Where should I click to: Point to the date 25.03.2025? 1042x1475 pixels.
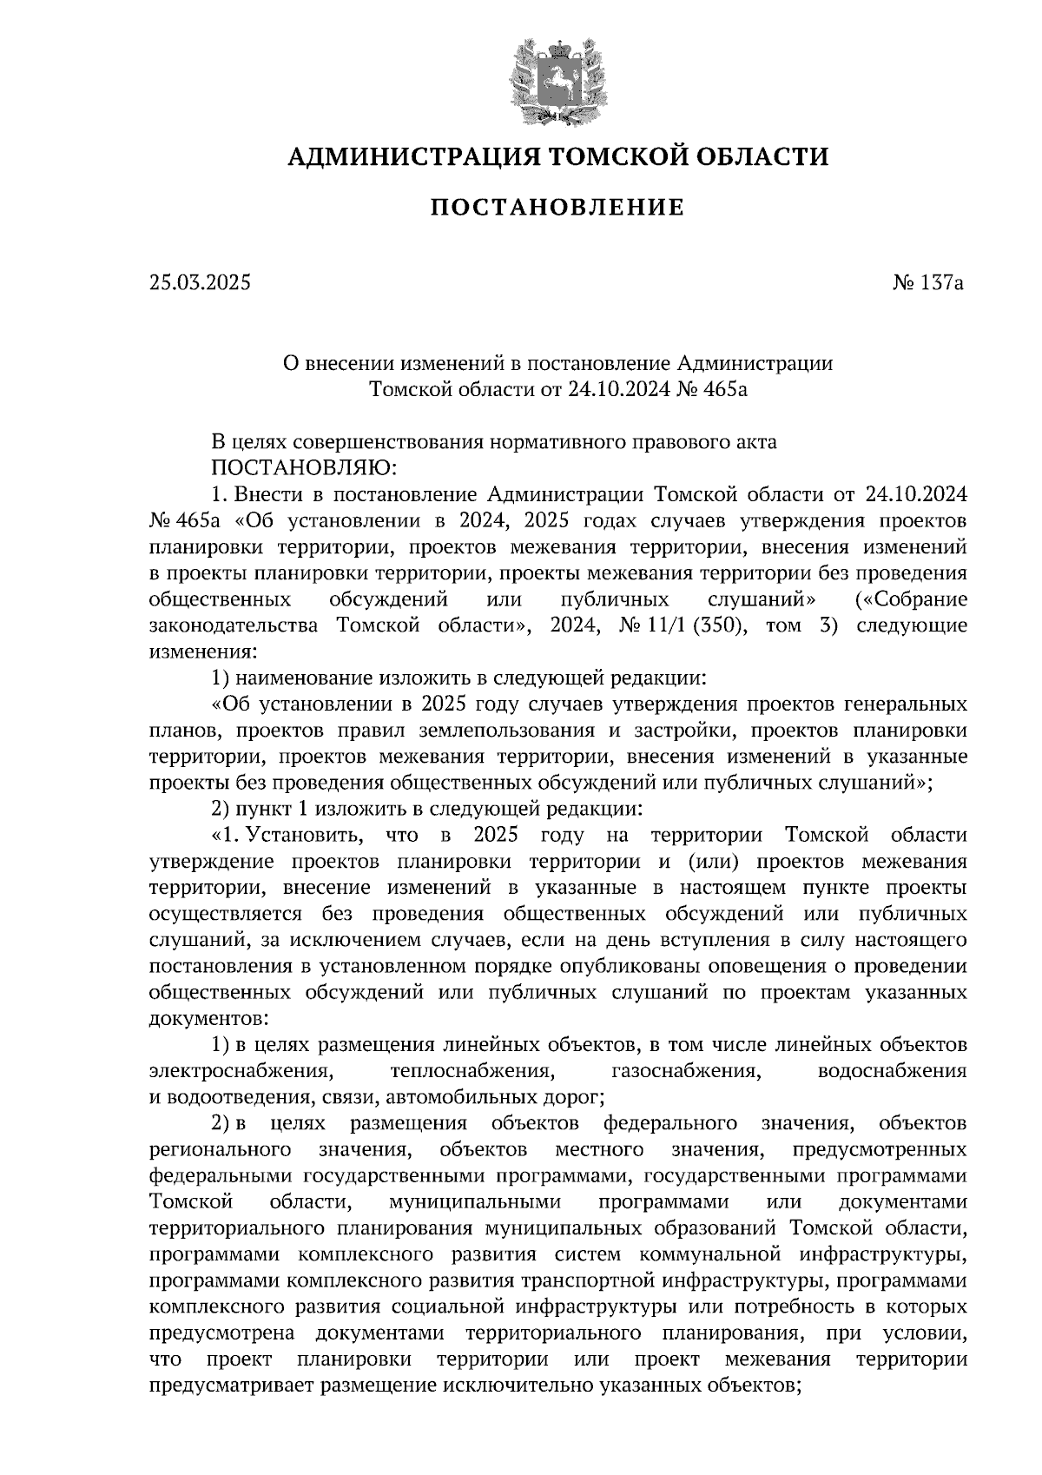click(x=200, y=282)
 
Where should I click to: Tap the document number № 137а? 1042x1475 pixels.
click(x=927, y=282)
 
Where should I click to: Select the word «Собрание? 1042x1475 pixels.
click(x=911, y=599)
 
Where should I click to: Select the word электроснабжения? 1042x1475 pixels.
click(x=239, y=1071)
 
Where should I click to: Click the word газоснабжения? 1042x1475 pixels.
click(x=685, y=1071)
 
